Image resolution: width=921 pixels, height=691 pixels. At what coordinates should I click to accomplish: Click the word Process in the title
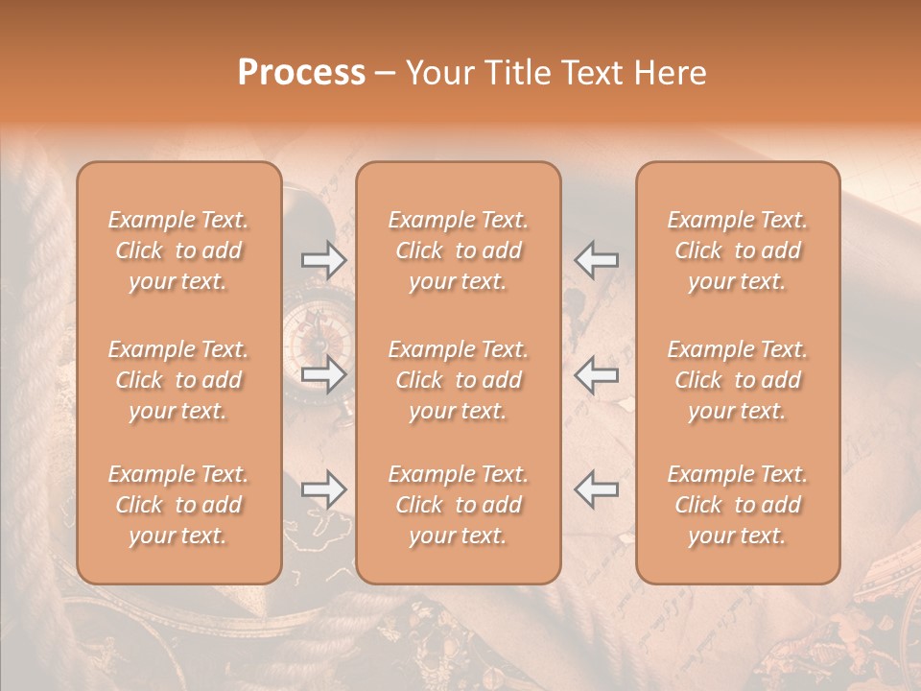(301, 73)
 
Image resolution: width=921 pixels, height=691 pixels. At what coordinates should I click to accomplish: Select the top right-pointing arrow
(323, 259)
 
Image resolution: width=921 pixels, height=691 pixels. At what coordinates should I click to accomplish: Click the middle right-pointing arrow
(323, 374)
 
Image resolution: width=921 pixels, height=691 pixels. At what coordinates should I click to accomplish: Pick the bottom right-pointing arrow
(323, 489)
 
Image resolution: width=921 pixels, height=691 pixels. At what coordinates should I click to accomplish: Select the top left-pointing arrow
(596, 259)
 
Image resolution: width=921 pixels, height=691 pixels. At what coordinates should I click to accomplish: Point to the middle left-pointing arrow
(596, 374)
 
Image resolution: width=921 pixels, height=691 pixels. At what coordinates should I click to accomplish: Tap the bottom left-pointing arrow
(596, 489)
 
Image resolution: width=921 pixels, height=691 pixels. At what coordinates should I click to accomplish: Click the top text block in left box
(178, 250)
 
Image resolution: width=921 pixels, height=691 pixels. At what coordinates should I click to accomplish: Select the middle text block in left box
(178, 380)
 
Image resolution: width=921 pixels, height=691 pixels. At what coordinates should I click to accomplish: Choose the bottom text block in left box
(178, 505)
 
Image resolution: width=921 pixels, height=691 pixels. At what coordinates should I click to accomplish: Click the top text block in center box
(459, 250)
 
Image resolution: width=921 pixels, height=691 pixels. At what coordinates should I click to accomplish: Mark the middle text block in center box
(459, 380)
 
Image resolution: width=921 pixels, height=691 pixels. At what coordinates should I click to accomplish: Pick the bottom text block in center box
(459, 505)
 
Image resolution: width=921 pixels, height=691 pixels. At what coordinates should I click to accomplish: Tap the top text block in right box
(738, 250)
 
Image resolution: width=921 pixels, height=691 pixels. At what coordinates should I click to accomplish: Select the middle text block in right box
(738, 380)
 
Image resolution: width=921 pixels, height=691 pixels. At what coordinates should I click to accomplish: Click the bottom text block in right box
(738, 505)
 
